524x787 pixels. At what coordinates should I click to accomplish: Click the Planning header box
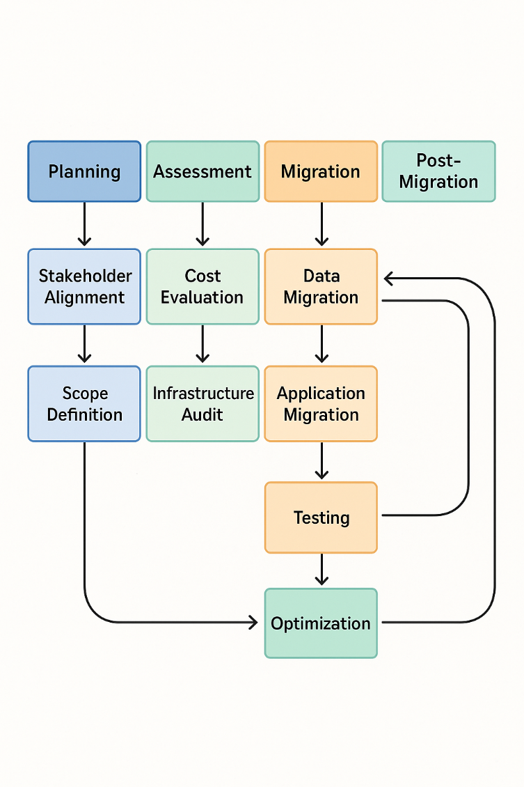[x=84, y=171]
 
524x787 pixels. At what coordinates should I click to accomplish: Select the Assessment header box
[x=203, y=171]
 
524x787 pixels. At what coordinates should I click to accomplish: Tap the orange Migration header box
[x=321, y=171]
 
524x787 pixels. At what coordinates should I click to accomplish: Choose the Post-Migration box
[x=439, y=171]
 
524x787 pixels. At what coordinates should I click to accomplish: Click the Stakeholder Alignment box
[x=84, y=286]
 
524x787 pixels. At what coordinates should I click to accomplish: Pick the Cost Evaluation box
[x=203, y=286]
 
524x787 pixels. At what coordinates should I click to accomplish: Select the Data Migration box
[x=321, y=286]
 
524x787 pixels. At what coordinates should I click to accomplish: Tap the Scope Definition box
[x=84, y=403]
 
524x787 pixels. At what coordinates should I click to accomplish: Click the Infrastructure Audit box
[x=203, y=403]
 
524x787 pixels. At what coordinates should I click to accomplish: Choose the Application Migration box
[x=321, y=403]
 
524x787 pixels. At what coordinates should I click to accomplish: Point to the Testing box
[x=321, y=517]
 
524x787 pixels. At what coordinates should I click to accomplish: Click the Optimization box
[x=321, y=623]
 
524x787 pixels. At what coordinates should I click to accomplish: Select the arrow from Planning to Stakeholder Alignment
[x=84, y=224]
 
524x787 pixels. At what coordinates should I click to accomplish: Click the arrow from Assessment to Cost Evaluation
[x=203, y=224]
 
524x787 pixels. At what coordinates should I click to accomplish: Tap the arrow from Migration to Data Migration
[x=321, y=224]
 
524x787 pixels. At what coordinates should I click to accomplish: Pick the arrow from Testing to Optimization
[x=321, y=569]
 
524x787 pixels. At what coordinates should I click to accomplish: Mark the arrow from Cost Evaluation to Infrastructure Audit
[x=203, y=343]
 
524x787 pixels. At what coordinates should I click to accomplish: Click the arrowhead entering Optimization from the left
[x=253, y=623]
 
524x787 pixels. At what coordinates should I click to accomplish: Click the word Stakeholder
[x=84, y=276]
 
